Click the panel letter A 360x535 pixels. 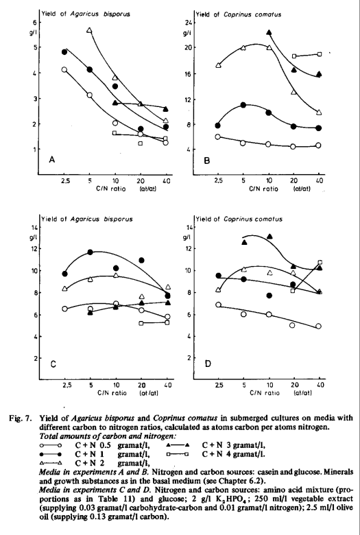52,159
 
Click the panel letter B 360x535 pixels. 207,160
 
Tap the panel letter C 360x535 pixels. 53,364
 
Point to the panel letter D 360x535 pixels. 208,364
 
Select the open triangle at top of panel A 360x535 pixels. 89,30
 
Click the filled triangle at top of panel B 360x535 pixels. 269,32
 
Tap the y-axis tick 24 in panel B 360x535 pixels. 188,23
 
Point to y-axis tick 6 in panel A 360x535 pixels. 34,22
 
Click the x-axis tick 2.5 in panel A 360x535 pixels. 66,181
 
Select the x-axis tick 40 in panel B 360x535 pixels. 320,181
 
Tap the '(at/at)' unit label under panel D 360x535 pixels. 302,393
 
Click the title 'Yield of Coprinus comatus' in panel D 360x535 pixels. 239,219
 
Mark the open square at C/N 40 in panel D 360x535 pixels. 320,263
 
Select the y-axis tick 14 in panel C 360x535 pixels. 34,227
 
